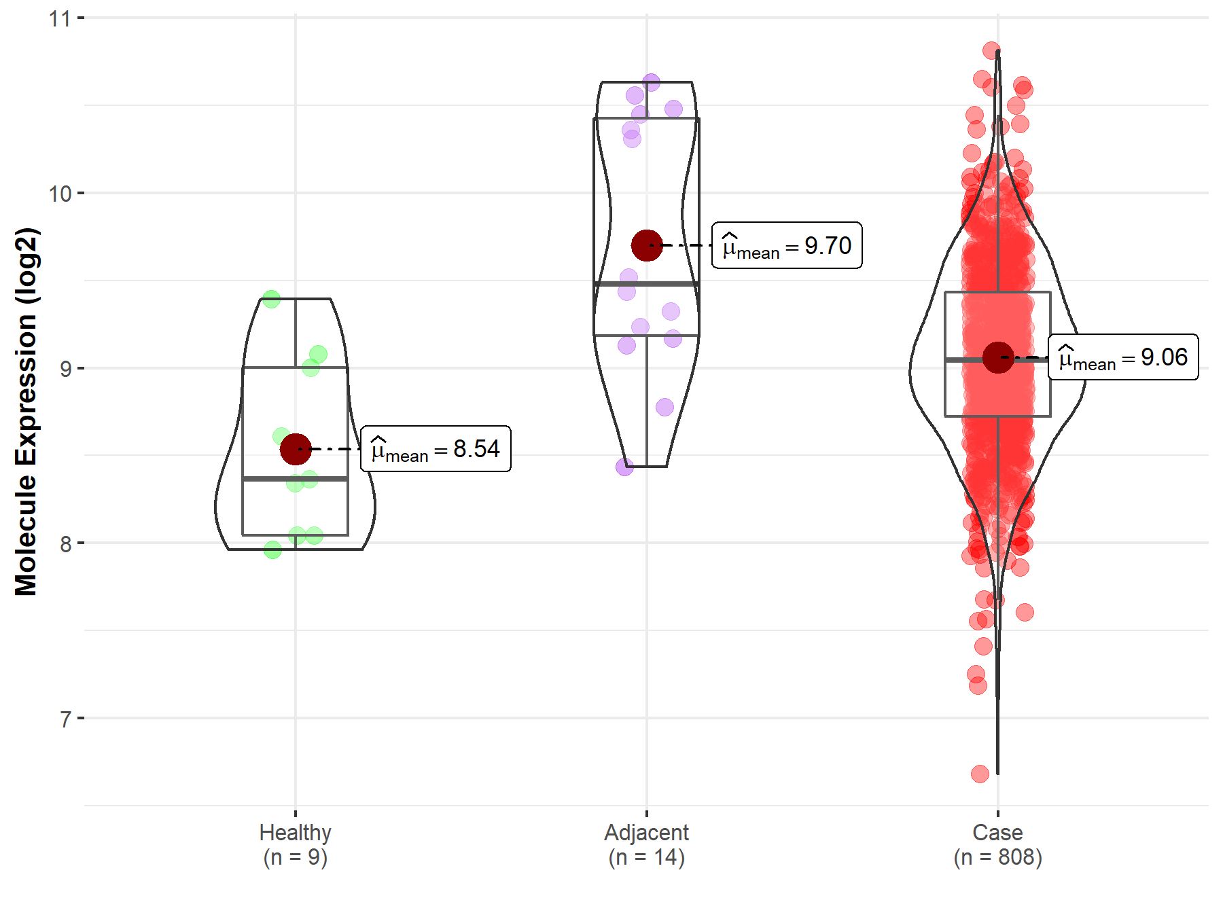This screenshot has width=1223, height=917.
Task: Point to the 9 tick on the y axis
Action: (65, 369)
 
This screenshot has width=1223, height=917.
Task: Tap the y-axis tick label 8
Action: (65, 544)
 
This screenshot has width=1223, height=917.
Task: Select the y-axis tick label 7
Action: (65, 719)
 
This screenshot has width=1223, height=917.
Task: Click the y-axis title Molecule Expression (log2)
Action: (26, 412)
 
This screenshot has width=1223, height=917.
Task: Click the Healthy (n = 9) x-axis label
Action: (296, 844)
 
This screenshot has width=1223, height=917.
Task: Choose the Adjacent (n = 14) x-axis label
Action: (647, 844)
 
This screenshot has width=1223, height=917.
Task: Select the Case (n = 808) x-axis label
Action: (997, 844)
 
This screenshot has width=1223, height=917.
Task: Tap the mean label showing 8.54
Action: (436, 449)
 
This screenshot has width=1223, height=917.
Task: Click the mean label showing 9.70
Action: (787, 245)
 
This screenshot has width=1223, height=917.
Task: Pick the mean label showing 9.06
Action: (1123, 357)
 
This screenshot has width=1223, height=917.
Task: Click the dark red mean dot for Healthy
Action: (296, 449)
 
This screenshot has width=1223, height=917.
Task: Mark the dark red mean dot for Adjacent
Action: (647, 245)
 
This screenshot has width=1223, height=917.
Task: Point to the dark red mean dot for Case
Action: (998, 357)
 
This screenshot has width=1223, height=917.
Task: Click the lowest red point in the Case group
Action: (980, 774)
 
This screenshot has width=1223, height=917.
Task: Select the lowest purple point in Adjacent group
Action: (624, 467)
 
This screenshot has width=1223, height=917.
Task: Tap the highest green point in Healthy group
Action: (271, 299)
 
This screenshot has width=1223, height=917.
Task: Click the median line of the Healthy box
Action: (296, 479)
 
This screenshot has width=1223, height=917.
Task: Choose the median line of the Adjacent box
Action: (647, 283)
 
